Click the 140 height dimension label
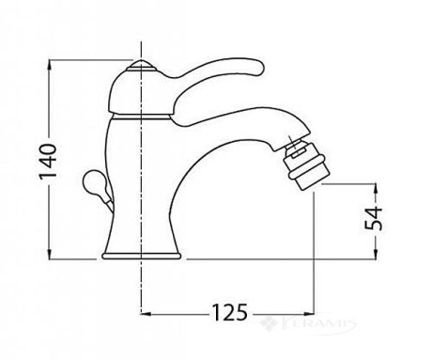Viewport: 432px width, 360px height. click(49, 162)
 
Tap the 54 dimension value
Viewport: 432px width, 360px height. click(374, 218)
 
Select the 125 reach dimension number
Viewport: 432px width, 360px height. click(230, 312)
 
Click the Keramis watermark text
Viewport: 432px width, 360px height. click(318, 323)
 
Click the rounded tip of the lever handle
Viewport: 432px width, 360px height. click(258, 68)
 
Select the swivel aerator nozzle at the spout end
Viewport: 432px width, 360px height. click(305, 166)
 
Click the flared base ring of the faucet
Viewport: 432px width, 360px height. click(142, 256)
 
